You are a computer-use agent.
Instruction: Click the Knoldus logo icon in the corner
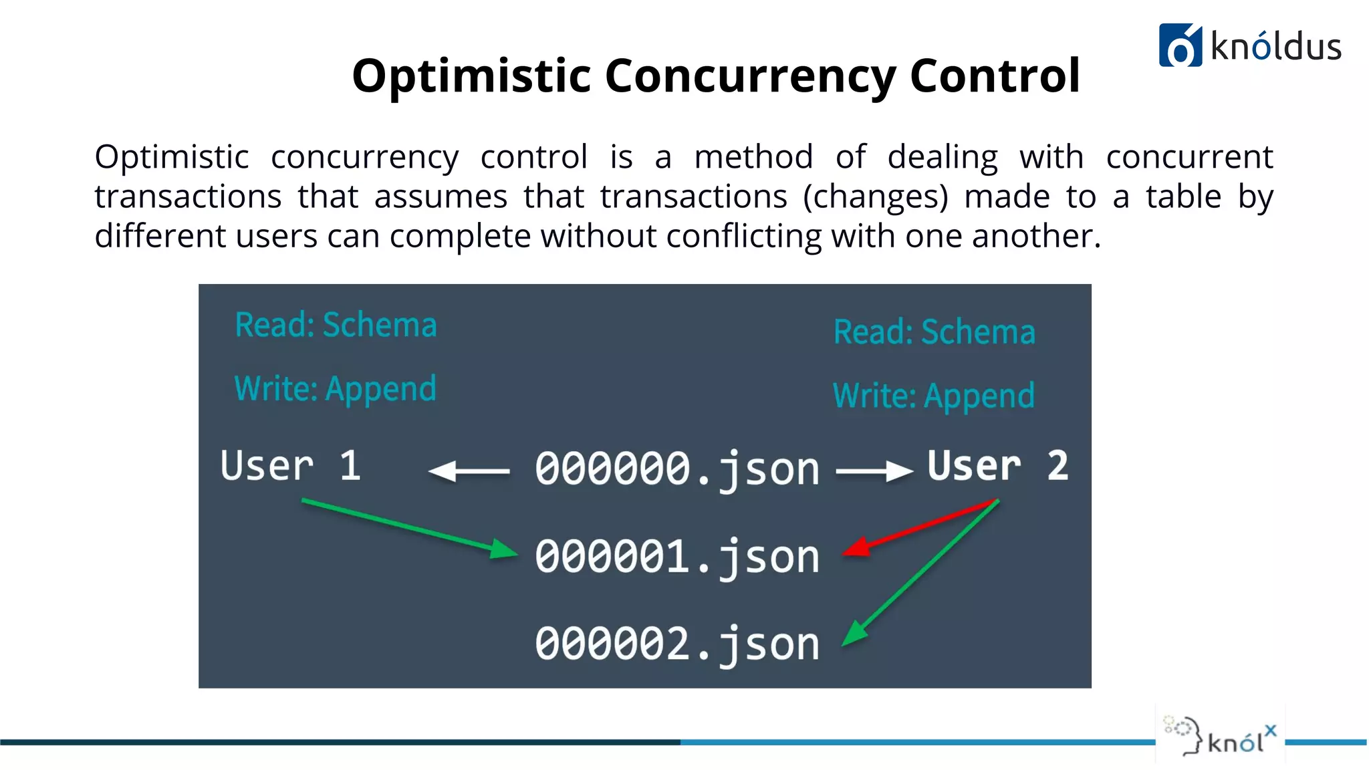1180,45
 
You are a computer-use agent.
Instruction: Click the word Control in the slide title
995,75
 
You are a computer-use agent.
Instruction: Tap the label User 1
291,466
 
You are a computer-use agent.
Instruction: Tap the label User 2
997,466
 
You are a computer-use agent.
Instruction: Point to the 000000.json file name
676,469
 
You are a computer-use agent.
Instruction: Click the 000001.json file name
676,557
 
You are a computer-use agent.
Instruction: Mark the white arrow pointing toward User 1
469,471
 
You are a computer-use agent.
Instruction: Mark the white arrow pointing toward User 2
874,471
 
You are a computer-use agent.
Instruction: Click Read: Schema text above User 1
336,326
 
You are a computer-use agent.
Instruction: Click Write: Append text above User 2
933,396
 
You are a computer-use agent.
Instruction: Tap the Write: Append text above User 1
335,390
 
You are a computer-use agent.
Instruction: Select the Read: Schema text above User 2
934,332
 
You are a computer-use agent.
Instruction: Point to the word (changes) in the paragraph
875,197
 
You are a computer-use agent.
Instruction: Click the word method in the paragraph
753,158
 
